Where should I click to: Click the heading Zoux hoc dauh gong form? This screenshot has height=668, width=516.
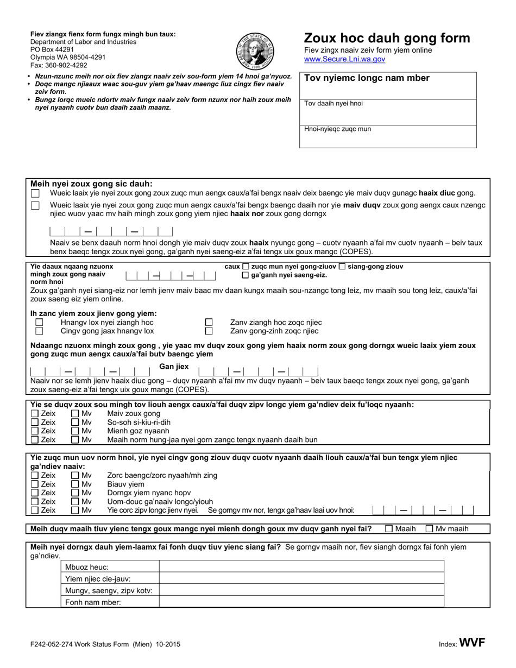[387, 38]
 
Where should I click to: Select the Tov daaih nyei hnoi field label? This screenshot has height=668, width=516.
[333, 103]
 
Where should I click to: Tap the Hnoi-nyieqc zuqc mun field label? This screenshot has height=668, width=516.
[337, 129]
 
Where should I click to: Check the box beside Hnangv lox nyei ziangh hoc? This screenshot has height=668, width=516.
[39, 322]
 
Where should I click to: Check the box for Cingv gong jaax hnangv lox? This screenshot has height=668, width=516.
[39, 331]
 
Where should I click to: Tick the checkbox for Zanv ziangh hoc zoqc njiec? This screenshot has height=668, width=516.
[209, 322]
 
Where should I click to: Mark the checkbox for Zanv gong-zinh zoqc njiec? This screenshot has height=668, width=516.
[209, 331]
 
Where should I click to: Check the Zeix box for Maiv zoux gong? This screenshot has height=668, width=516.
[35, 414]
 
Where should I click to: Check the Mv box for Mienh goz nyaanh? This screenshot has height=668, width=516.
[75, 431]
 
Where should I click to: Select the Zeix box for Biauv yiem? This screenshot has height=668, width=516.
[35, 484]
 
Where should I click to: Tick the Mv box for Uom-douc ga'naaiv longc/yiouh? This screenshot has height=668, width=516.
[75, 501]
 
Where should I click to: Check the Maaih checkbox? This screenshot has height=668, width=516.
[389, 528]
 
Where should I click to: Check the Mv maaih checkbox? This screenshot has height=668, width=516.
[429, 528]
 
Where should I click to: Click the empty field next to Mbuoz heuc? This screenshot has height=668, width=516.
[301, 567]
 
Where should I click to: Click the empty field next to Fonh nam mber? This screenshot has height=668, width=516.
[301, 602]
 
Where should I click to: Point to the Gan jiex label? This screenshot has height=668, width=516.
[174, 367]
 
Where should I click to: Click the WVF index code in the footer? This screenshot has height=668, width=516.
[472, 644]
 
